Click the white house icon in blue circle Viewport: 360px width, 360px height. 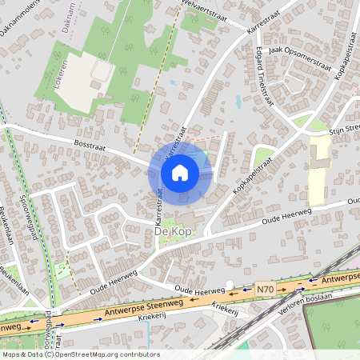click(180, 171)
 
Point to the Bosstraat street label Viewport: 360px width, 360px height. click(89, 149)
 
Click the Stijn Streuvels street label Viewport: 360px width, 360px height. click(344, 127)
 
